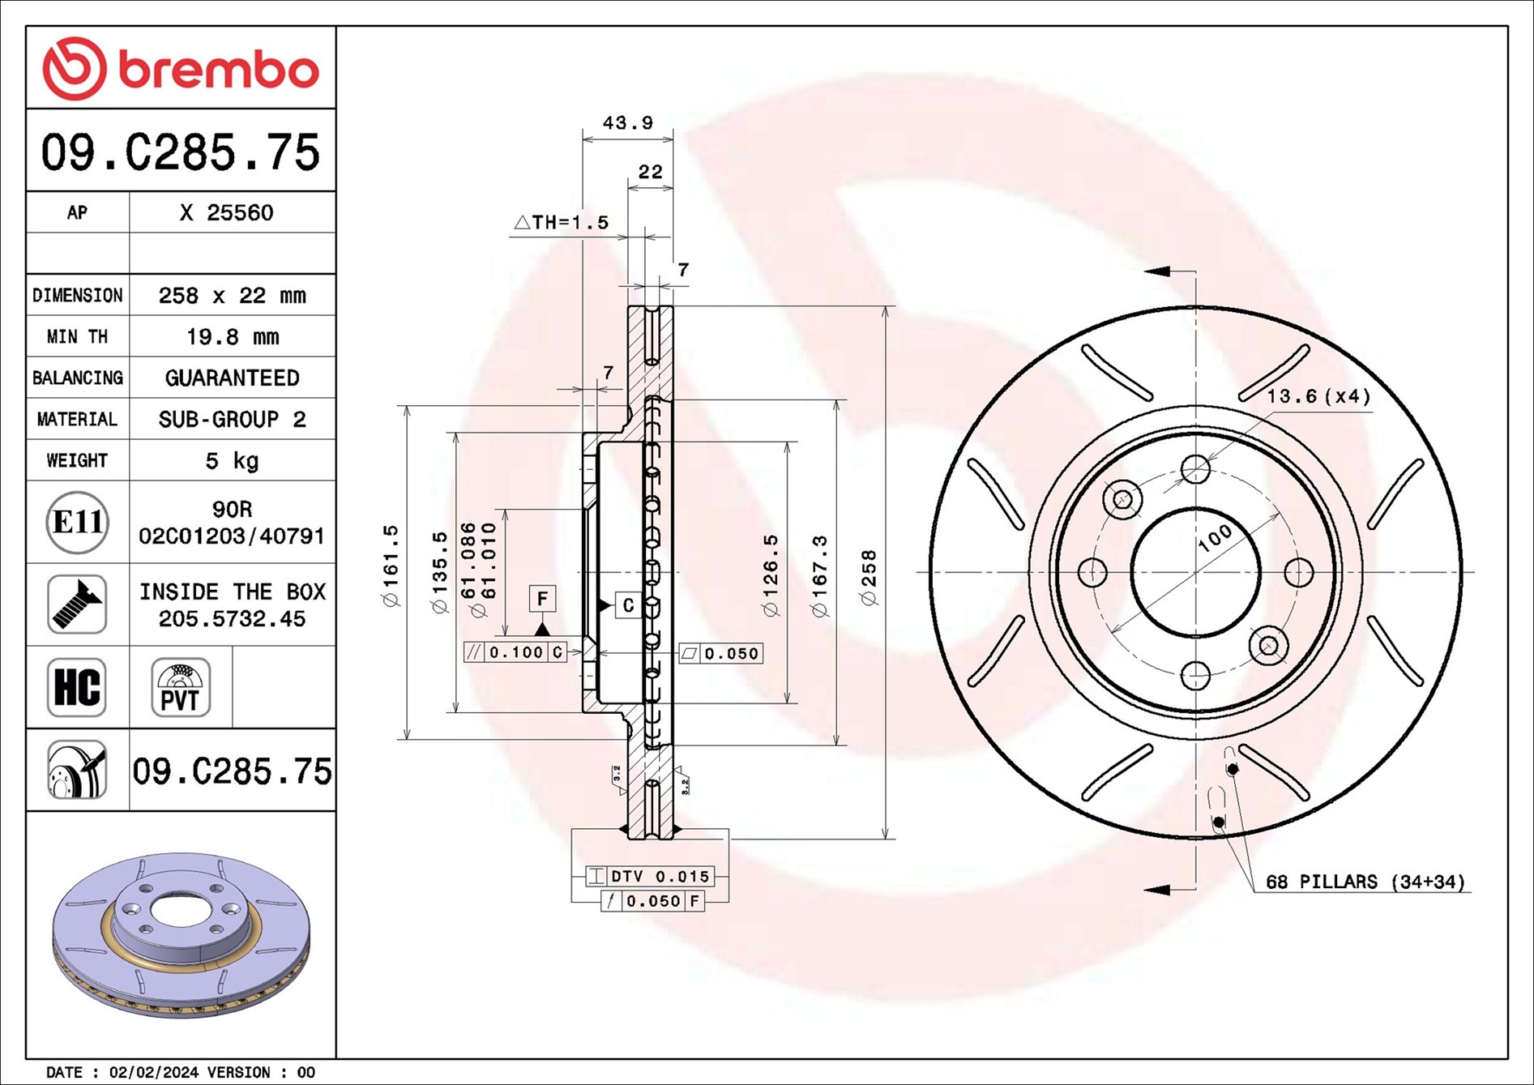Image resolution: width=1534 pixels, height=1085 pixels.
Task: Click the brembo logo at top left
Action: click(x=180, y=68)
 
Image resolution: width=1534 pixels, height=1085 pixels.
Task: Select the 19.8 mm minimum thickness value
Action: click(x=232, y=336)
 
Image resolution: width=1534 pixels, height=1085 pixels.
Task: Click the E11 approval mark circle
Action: click(x=77, y=522)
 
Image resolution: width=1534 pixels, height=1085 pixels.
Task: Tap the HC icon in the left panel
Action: click(x=77, y=687)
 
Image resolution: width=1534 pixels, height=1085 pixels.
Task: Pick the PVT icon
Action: click(x=180, y=687)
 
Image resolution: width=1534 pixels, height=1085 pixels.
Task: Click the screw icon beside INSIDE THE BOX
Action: click(x=77, y=604)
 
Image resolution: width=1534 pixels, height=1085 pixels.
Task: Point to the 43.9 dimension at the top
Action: click(x=627, y=123)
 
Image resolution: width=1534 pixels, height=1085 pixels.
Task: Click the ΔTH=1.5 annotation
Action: click(x=562, y=222)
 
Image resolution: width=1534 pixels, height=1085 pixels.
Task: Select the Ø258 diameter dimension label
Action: click(x=869, y=577)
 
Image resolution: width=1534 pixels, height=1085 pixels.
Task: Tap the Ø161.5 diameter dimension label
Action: click(x=391, y=565)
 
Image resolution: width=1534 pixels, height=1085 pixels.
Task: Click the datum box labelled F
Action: click(x=542, y=599)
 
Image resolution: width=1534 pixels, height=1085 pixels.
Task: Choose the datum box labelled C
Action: click(x=628, y=605)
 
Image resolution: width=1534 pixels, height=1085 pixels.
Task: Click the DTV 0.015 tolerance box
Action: click(x=650, y=876)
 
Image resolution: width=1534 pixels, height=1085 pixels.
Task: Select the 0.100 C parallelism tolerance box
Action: click(x=515, y=651)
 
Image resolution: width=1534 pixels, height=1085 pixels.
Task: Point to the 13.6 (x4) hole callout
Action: click(x=1318, y=396)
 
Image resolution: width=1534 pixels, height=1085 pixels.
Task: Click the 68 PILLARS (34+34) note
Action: click(x=1365, y=882)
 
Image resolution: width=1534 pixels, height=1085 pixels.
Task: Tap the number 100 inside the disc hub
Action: click(x=1215, y=537)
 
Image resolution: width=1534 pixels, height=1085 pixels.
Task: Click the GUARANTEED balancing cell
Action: click(x=232, y=378)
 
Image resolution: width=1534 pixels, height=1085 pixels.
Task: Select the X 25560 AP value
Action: click(x=226, y=212)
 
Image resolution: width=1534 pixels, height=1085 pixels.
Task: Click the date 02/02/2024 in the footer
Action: click(x=153, y=1072)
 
